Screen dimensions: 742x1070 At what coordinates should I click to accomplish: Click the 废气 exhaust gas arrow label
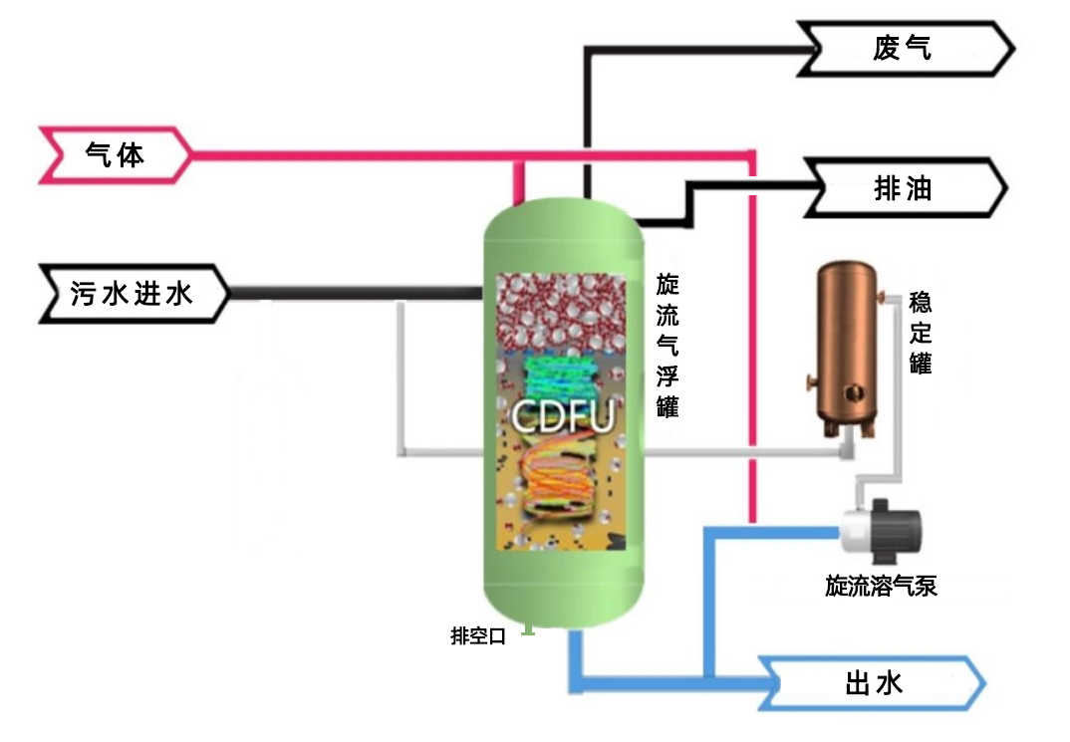(903, 48)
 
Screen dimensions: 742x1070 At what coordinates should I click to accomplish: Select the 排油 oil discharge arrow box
(903, 188)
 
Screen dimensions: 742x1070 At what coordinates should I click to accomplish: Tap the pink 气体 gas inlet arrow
(114, 155)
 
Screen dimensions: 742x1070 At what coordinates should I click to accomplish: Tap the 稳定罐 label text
(920, 334)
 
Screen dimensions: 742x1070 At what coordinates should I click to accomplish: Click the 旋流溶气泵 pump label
(881, 587)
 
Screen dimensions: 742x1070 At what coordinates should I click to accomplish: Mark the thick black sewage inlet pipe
(359, 293)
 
